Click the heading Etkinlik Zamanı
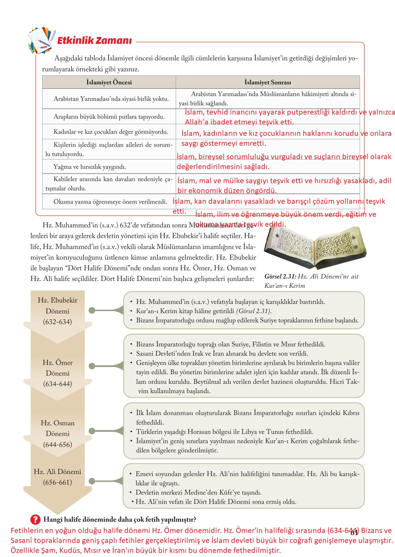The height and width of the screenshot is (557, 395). point(94,40)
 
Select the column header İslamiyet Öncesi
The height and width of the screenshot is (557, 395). point(109,82)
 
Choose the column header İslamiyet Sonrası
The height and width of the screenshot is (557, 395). point(268,82)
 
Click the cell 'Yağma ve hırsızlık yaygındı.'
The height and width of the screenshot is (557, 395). point(90,167)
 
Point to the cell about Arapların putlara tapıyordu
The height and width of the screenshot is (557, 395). point(109,117)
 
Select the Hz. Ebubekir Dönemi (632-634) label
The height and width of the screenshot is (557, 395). point(57,311)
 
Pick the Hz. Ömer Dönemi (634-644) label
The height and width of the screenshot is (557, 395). point(57,373)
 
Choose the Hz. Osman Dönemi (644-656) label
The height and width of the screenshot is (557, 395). point(57,434)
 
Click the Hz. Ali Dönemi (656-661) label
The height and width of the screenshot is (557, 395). point(57,477)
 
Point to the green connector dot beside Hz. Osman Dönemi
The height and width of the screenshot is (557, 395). point(92,431)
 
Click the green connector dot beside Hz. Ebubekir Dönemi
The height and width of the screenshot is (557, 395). point(92,310)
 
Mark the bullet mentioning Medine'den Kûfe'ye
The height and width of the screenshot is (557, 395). point(198,493)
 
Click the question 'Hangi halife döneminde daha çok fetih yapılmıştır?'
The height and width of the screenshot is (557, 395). point(120,519)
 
